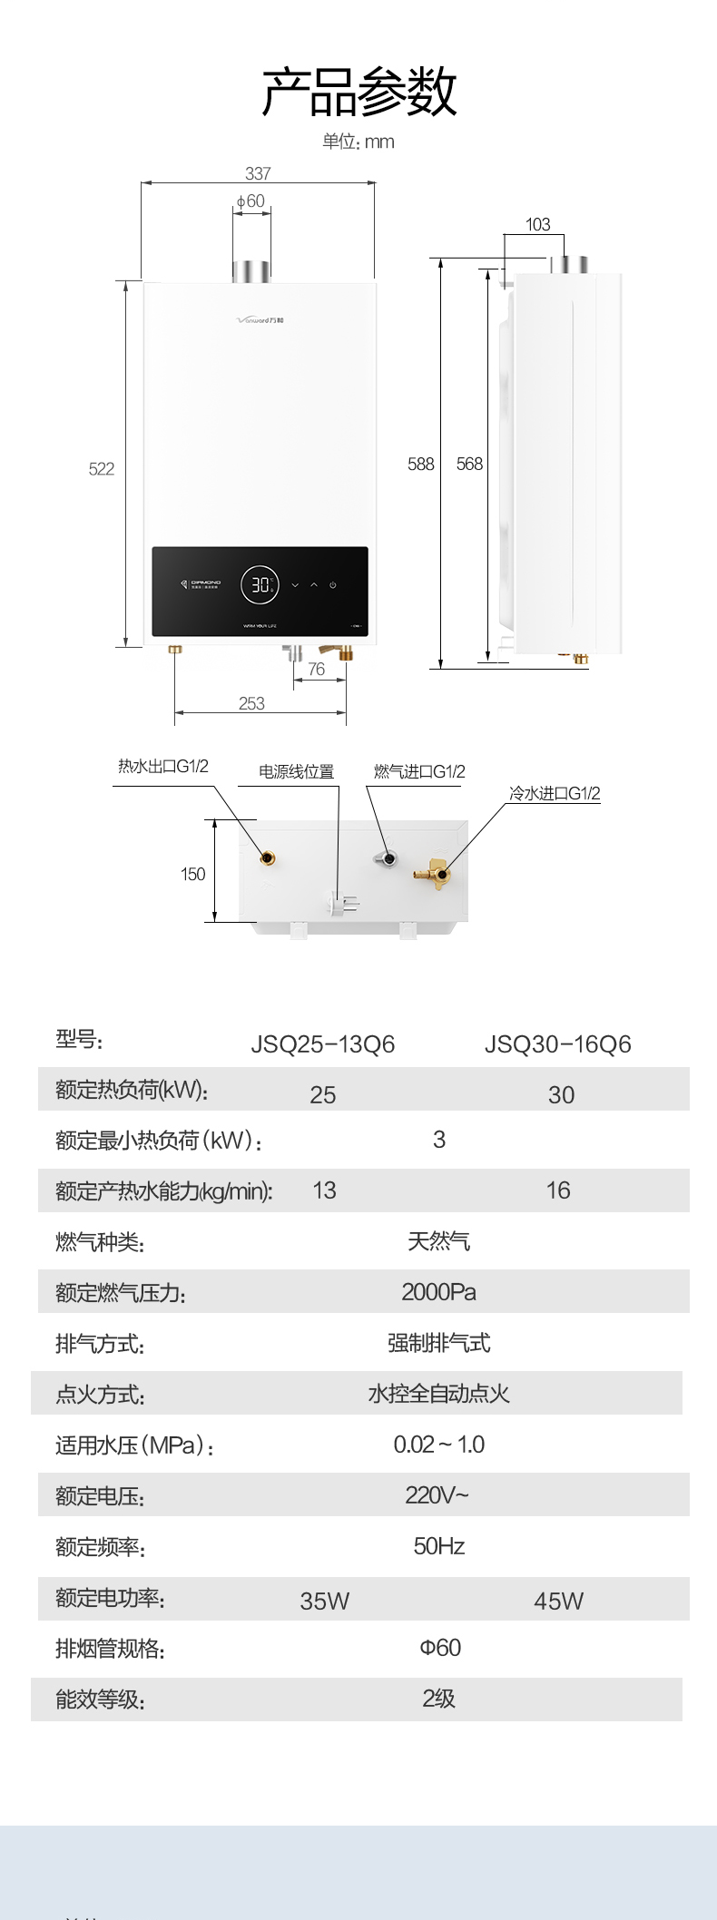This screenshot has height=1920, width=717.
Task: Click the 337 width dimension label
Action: [x=258, y=173]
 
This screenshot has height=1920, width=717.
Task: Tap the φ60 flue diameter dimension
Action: [x=250, y=201]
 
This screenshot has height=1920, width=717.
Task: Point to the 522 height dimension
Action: [x=102, y=469]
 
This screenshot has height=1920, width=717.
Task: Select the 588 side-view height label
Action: [x=421, y=465]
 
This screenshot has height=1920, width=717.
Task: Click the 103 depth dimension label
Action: [x=537, y=224]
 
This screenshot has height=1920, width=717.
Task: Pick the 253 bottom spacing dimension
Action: [x=251, y=703]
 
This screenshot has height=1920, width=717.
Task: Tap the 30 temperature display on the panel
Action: [x=260, y=584]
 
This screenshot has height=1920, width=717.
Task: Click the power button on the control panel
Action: [x=333, y=585]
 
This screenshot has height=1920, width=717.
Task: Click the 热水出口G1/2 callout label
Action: [x=163, y=767]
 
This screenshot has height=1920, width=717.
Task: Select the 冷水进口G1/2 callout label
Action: [x=555, y=794]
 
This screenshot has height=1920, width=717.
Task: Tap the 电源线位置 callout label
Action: [x=297, y=771]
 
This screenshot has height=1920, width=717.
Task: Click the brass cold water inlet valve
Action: [x=434, y=875]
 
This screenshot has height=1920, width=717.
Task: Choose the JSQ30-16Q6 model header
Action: [x=557, y=1044]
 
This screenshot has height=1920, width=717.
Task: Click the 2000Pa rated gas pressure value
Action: [x=438, y=1292]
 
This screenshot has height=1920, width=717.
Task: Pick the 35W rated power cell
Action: [x=324, y=1602]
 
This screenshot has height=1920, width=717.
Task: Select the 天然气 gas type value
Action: [x=438, y=1241]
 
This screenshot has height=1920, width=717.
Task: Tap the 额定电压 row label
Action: [x=100, y=1496]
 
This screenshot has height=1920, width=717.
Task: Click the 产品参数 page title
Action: [x=358, y=92]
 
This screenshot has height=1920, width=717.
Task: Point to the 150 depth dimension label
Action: [x=192, y=874]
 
